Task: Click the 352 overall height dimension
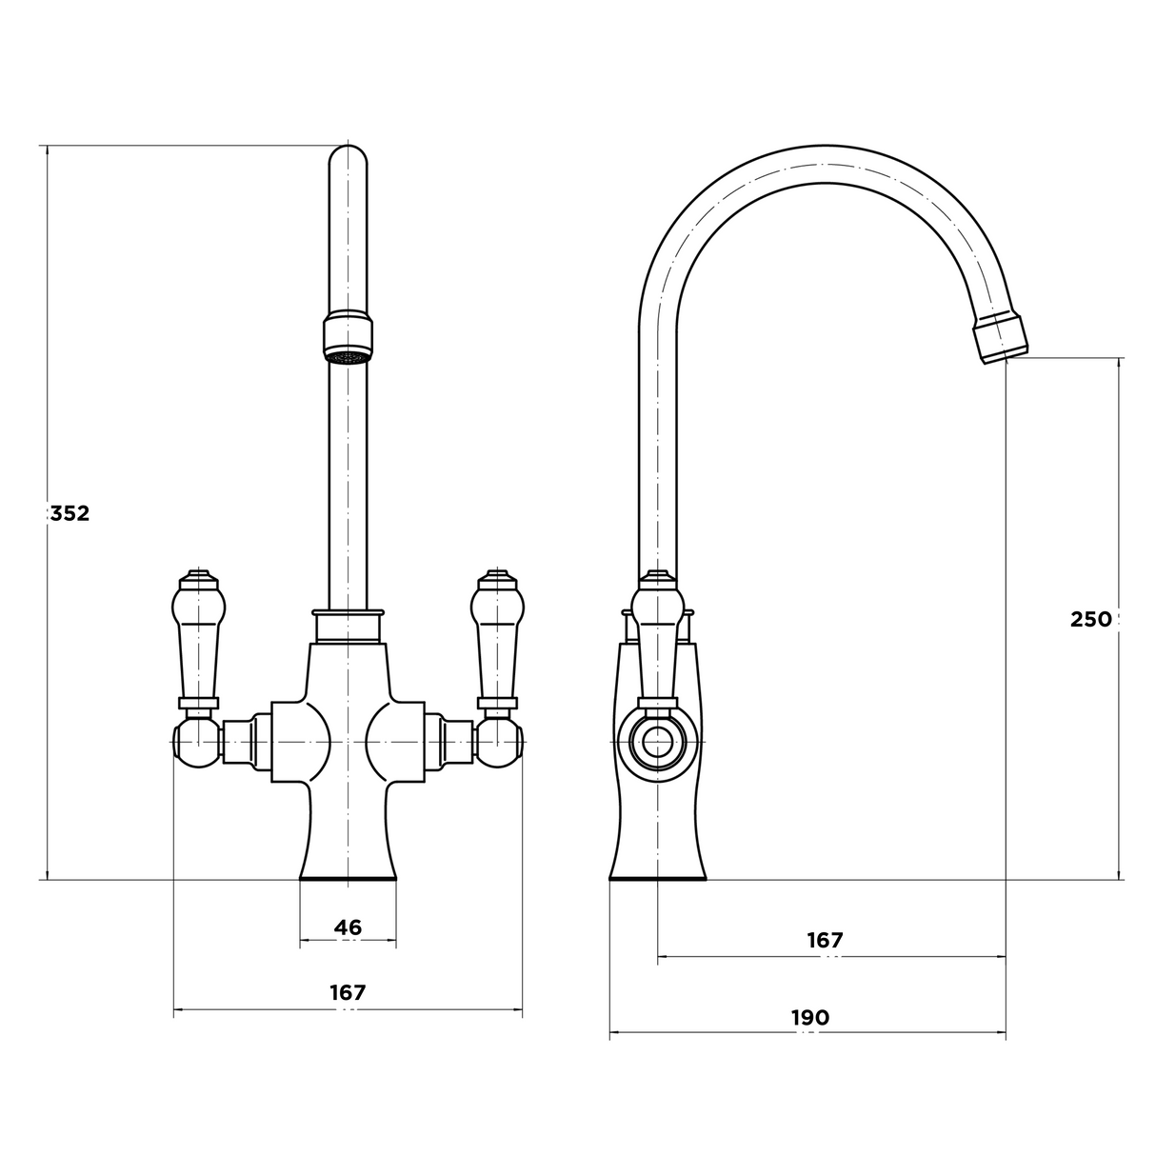point(70,514)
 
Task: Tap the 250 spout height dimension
point(1090,619)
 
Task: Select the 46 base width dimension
point(349,927)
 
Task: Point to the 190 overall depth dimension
point(809,1017)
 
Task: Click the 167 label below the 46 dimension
point(349,992)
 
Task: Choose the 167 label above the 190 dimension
point(825,940)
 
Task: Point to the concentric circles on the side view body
point(657,744)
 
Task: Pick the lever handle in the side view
point(657,638)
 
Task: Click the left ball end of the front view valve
point(195,742)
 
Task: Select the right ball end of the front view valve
point(502,742)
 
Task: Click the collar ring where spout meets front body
point(349,625)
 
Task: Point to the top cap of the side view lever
point(657,577)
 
